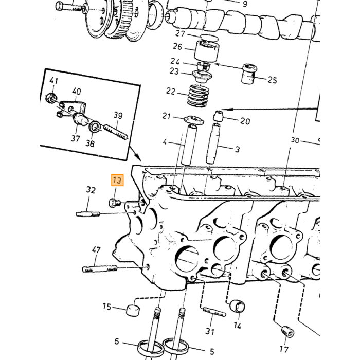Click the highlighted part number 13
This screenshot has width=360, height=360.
tap(117, 180)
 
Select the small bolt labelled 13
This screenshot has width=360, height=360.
tap(114, 203)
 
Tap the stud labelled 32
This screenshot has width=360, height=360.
tap(88, 214)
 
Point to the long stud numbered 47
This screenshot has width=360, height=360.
tap(100, 268)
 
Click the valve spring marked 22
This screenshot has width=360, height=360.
tap(198, 96)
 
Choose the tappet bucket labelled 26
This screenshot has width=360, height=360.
tap(206, 51)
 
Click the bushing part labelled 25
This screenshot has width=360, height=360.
tap(249, 73)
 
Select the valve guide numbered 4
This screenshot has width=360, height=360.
tap(189, 145)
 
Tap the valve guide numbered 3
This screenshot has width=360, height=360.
tap(212, 143)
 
